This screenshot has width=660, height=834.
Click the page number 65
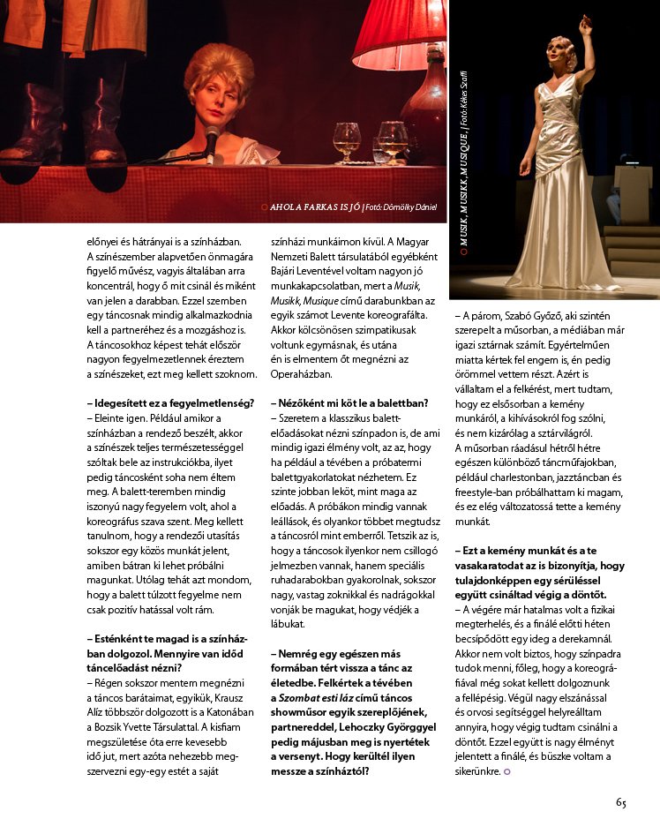(x=621, y=803)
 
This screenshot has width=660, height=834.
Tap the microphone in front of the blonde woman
(x=212, y=140)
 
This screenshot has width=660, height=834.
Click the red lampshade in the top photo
(x=399, y=32)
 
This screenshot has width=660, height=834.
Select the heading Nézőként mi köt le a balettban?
(x=349, y=403)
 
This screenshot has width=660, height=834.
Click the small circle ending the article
(x=507, y=772)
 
